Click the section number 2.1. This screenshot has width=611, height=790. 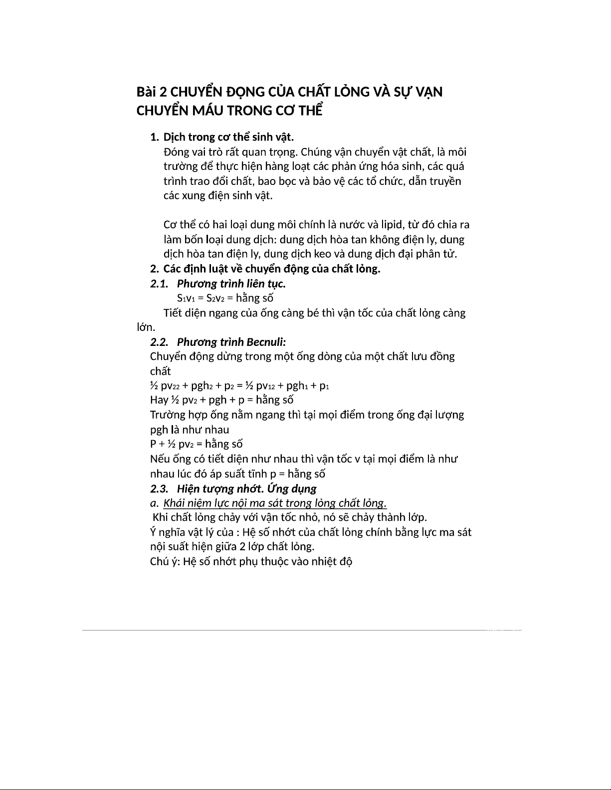159,284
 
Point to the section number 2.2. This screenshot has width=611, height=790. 159,342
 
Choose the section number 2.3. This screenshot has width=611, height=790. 159,488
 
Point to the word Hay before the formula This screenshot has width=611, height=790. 159,400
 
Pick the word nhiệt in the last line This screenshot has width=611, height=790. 325,562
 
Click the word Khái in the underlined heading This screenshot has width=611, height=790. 175,503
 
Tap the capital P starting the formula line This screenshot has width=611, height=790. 153,444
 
